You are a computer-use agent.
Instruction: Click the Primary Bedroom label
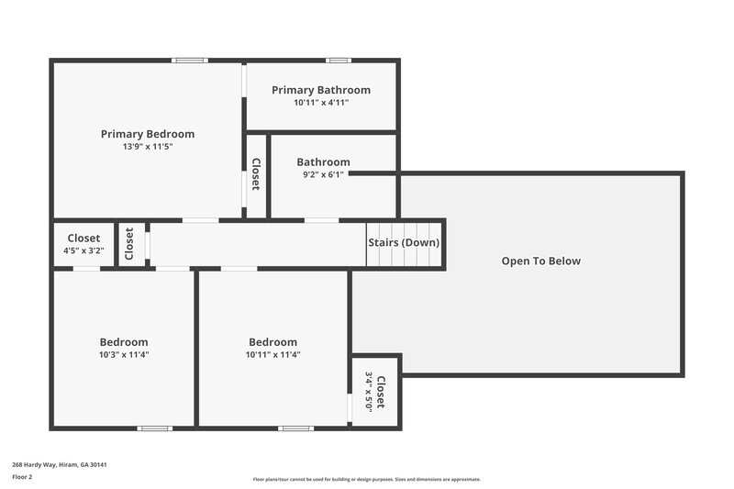coord(148,134)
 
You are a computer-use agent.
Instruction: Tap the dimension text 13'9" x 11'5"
coord(148,147)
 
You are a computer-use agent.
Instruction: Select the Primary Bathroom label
coord(321,90)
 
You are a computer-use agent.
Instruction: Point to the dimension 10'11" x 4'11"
coord(321,103)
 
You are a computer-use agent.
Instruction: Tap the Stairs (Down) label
coord(404,243)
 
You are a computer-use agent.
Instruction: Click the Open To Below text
coord(540,261)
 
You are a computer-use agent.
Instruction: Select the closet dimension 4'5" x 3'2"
coord(83,250)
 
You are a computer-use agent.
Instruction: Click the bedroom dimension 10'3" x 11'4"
coord(124,354)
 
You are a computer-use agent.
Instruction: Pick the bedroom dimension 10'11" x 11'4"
coord(272,354)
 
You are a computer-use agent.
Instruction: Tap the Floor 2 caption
coord(23,477)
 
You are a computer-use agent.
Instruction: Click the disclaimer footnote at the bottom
coord(366,479)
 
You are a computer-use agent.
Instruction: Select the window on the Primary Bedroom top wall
coord(191,61)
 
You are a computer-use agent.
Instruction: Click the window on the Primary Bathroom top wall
coord(339,61)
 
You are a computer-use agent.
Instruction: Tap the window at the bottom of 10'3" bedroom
coord(154,428)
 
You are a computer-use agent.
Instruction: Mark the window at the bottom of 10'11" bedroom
coord(295,428)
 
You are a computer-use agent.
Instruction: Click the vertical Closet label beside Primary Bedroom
coord(256,175)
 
